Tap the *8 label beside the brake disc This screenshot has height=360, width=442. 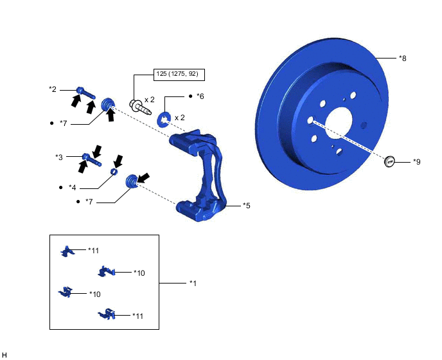tap(402, 59)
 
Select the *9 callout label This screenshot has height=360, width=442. tap(416, 162)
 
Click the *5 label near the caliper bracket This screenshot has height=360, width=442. tap(246, 206)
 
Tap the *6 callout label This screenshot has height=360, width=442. tap(200, 96)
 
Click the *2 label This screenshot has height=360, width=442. tap(53, 89)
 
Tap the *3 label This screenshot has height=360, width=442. tap(59, 157)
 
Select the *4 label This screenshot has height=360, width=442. tap(72, 187)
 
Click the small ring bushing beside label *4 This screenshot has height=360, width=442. tap(114, 172)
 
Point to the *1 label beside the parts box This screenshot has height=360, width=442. tap(193, 283)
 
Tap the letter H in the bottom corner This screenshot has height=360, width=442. tap(5, 354)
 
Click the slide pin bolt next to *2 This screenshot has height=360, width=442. tap(86, 94)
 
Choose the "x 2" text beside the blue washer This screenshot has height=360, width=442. tap(180, 118)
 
